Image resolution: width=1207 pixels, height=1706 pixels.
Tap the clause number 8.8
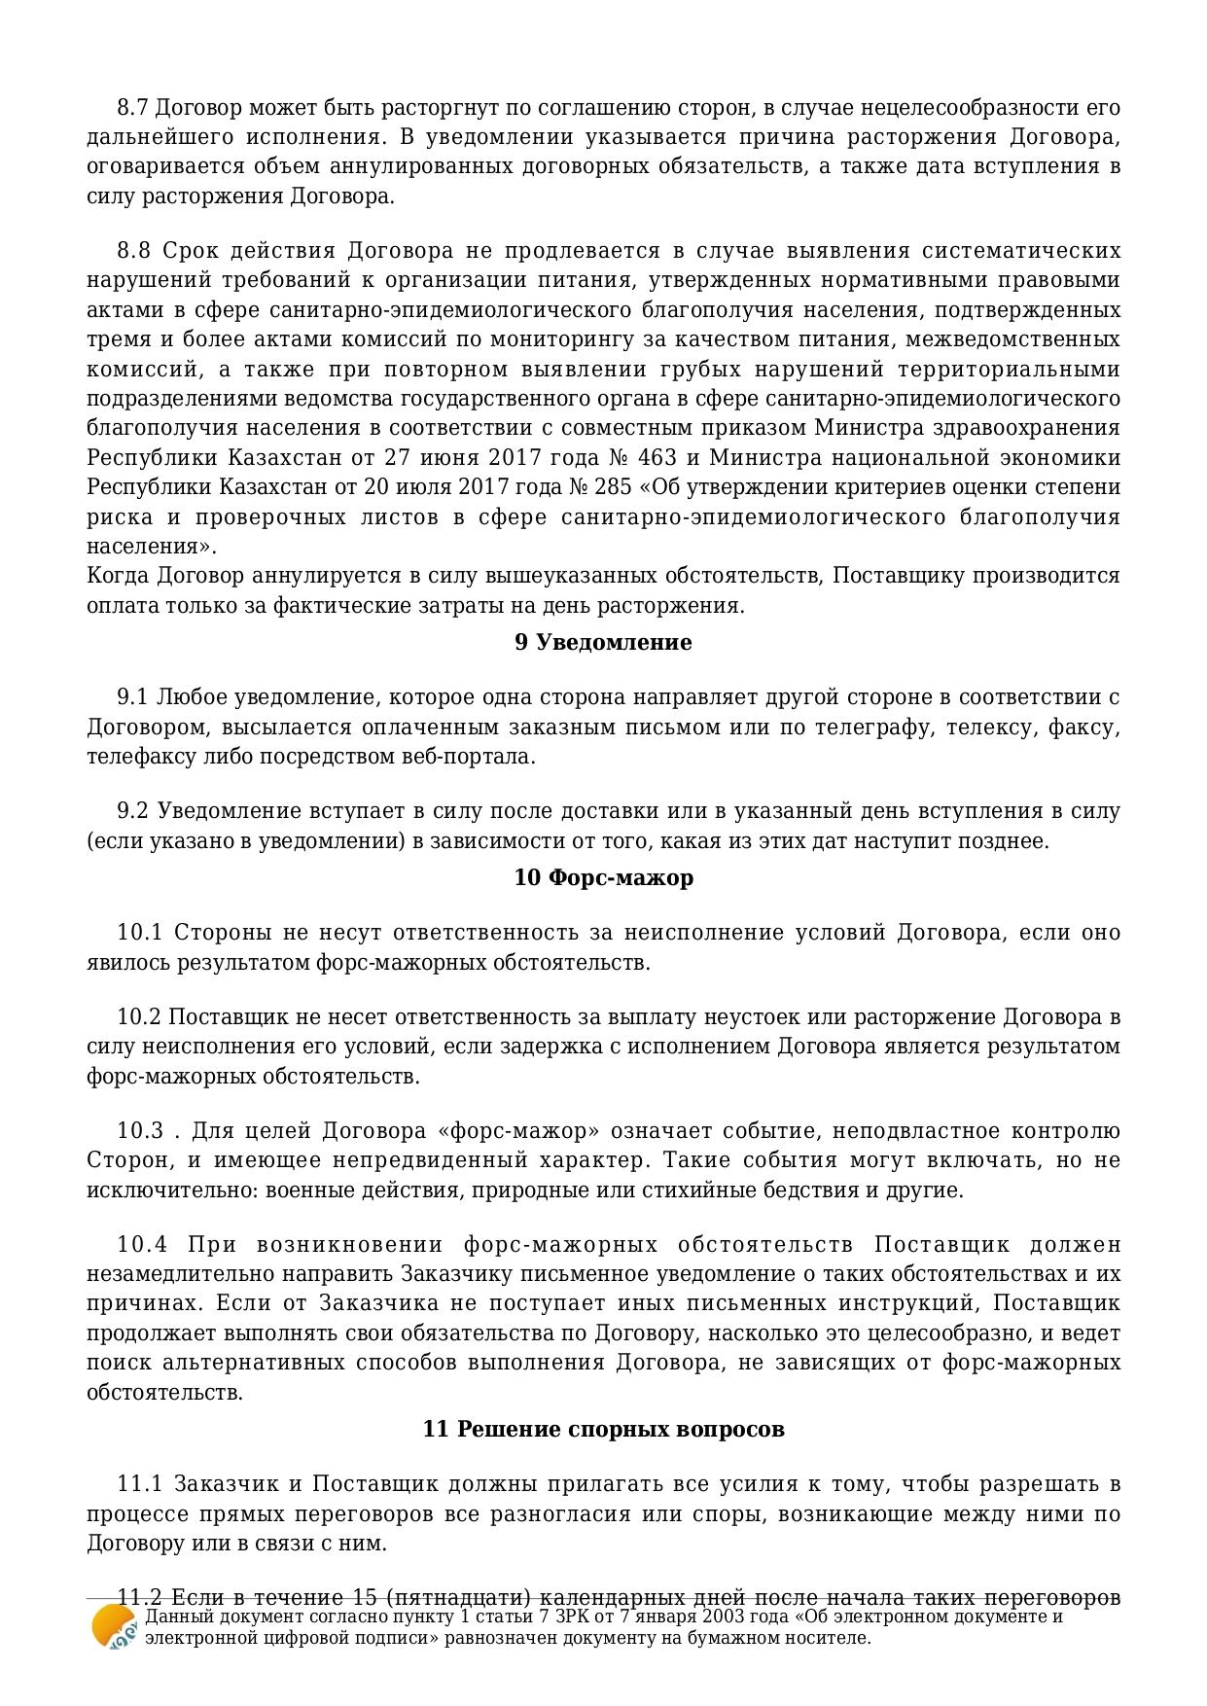tap(133, 250)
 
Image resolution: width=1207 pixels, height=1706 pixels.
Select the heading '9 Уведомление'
tap(603, 642)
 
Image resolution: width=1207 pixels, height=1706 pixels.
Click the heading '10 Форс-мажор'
tap(603, 877)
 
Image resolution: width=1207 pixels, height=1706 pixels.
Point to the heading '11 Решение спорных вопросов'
tap(603, 1429)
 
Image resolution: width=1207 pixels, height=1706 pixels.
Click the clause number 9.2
tap(132, 810)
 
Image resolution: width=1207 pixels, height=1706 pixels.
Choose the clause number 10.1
tap(138, 932)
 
